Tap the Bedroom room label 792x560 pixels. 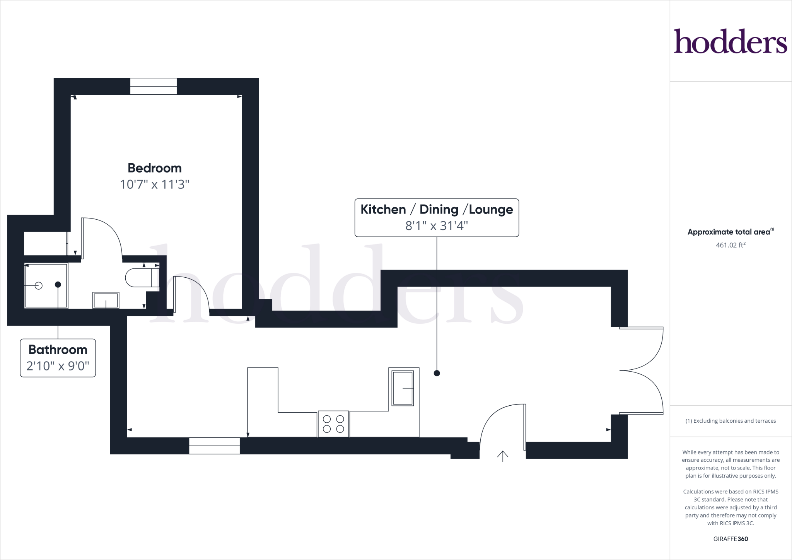click(x=155, y=168)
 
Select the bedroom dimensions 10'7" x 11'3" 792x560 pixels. click(x=155, y=184)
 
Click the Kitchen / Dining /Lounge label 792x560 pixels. click(x=437, y=209)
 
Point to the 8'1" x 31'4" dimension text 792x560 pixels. click(x=437, y=226)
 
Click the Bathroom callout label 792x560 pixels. click(x=58, y=350)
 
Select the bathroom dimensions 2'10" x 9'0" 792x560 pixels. click(x=58, y=366)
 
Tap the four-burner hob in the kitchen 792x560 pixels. click(x=333, y=424)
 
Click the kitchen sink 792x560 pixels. click(x=403, y=388)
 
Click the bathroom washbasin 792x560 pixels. click(x=106, y=300)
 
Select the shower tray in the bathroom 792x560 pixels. click(x=46, y=286)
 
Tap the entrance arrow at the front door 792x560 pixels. click(x=503, y=456)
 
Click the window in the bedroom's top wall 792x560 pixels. click(x=154, y=86)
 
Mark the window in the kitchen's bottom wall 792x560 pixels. click(x=215, y=446)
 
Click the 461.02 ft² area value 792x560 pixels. click(x=731, y=245)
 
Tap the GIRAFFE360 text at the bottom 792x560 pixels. click(x=731, y=539)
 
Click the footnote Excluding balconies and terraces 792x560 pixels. click(x=731, y=421)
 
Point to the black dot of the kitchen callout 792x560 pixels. click(x=437, y=373)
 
